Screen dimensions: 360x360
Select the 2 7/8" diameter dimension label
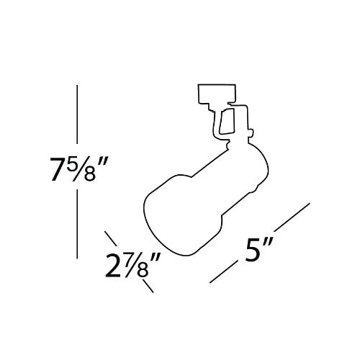pyautogui.click(x=132, y=265)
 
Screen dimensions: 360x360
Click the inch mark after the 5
pyautogui.click(x=267, y=242)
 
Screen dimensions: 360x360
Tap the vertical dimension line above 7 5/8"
pyautogui.click(x=77, y=114)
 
